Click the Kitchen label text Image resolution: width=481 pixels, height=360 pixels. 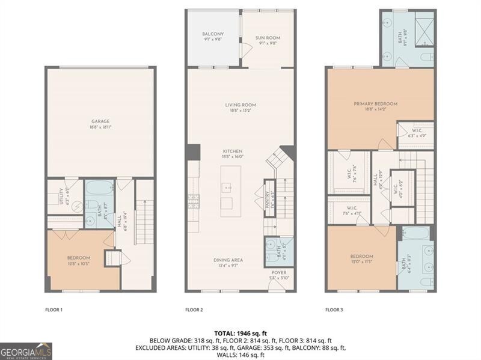pyautogui.click(x=233, y=151)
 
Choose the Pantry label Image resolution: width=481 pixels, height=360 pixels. pyautogui.click(x=269, y=194)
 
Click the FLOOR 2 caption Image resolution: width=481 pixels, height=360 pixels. pyautogui.click(x=194, y=310)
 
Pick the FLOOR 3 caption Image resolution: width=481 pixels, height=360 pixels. pyautogui.click(x=334, y=310)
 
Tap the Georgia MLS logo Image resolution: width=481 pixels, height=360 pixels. pyautogui.click(x=26, y=350)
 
